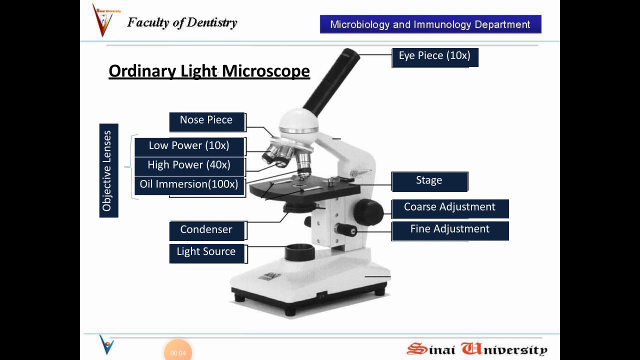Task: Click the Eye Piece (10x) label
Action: coord(434,56)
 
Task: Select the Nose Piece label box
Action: coord(206,121)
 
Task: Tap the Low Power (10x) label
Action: coord(189,146)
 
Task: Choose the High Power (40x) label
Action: coord(189,165)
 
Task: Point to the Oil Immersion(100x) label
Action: coord(189,184)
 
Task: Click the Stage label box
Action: coord(429,181)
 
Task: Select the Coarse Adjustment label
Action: coord(449,207)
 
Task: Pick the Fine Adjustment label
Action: coord(449,229)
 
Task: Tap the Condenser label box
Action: coord(206,230)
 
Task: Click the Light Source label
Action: coord(206,252)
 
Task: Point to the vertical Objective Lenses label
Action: coord(108,170)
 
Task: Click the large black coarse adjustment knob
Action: coord(368,211)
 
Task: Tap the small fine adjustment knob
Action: coord(346,230)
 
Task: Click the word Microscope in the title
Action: coord(265,71)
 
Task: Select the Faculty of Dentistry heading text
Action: coord(182,22)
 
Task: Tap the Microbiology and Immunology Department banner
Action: coord(430,24)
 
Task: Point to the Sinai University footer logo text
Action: coord(477,349)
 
